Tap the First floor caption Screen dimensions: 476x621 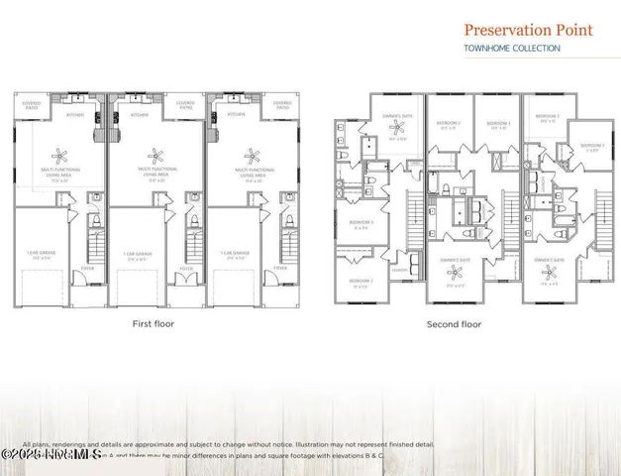[x=155, y=324]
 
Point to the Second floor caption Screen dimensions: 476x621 [x=454, y=324]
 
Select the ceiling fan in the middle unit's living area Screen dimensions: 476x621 [x=155, y=154]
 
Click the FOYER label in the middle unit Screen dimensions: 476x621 [x=186, y=268]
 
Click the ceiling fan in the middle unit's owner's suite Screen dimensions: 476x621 [x=453, y=279]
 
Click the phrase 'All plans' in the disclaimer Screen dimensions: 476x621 [x=35, y=444]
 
